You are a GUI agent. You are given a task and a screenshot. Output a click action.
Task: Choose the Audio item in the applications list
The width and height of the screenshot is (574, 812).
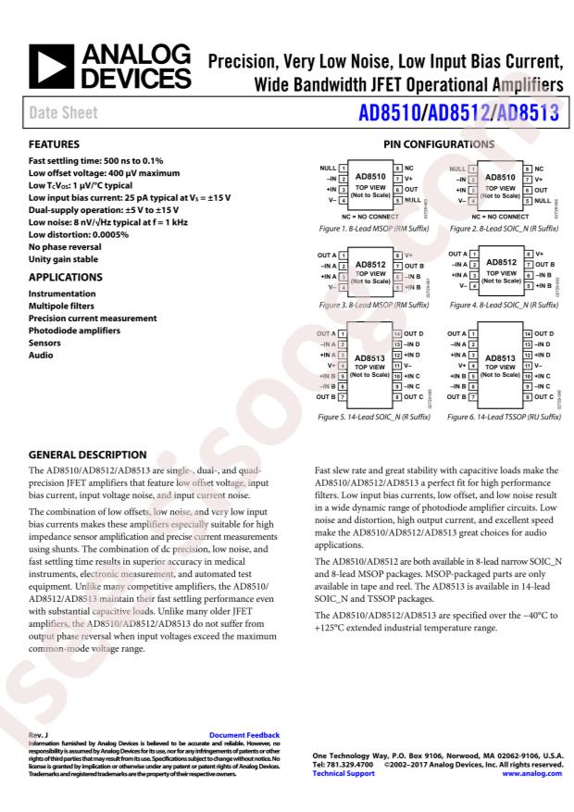point(41,354)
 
